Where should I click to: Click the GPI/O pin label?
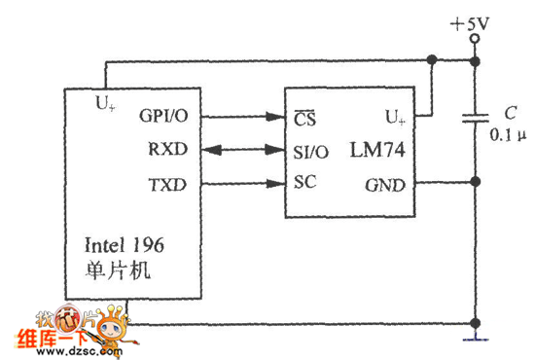166,118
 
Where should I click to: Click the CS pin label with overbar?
306,119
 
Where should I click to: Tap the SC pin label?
304,182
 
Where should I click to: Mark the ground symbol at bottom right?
475,338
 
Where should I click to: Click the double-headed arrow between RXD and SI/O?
242,151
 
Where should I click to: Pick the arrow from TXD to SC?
242,182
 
